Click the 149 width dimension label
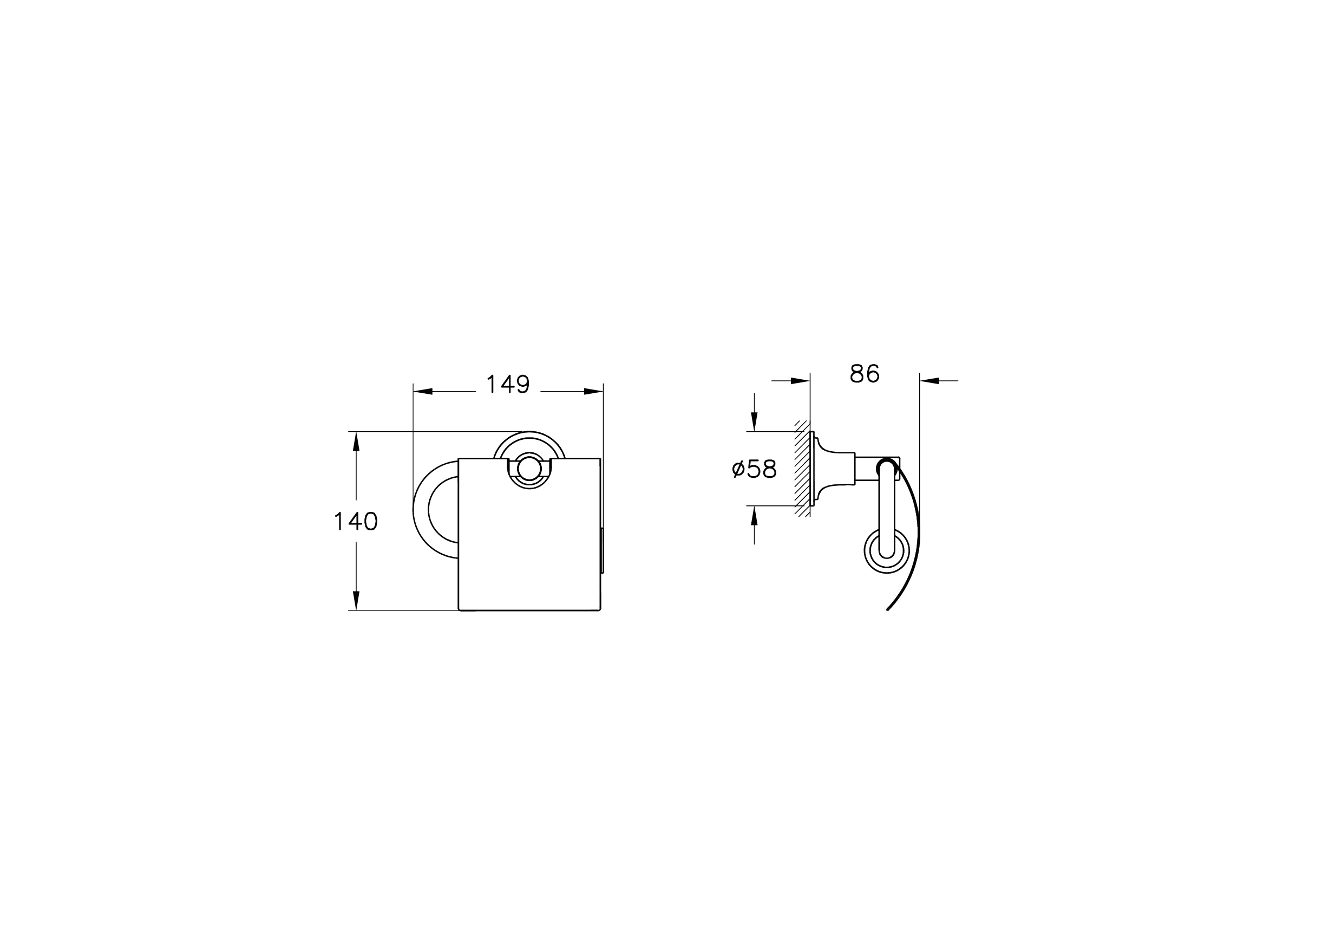pos(507,384)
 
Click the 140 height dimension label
pos(355,521)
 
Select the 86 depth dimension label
pos(865,373)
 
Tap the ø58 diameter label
pos(754,469)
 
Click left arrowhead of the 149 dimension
pos(423,391)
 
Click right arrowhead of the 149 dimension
pos(593,391)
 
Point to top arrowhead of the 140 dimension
pos(356,441)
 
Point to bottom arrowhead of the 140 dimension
pos(356,601)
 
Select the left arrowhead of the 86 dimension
pos(800,381)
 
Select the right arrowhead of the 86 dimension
pos(929,381)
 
